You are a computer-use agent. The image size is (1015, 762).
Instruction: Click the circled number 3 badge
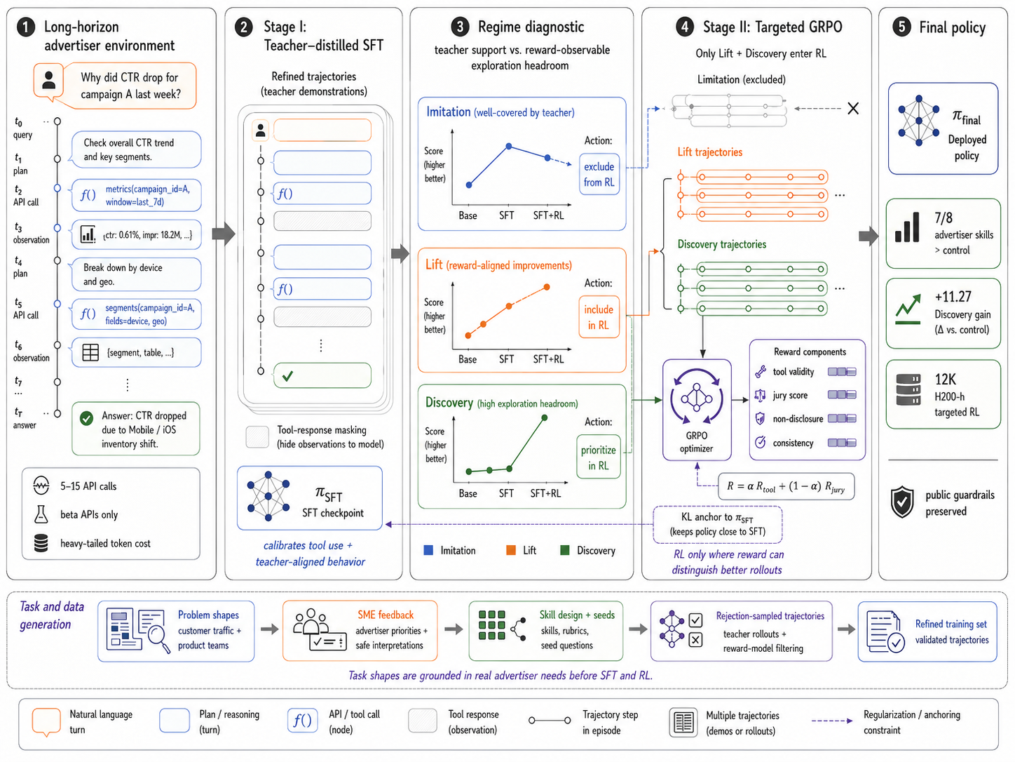tap(460, 27)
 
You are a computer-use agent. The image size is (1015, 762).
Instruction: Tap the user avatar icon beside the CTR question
tap(48, 80)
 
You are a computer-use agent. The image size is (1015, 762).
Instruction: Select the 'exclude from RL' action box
tap(599, 174)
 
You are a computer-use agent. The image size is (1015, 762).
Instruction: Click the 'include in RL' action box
tap(599, 317)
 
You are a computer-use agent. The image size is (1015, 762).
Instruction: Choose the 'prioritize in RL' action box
tap(598, 457)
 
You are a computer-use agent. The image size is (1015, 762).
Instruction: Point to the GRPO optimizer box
tap(696, 410)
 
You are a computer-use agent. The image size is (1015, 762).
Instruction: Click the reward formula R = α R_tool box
tap(786, 486)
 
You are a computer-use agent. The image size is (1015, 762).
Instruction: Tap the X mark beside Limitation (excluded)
tap(852, 108)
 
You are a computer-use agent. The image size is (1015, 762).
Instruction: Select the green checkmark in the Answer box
tap(86, 418)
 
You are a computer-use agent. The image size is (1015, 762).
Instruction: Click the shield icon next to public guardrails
tap(901, 502)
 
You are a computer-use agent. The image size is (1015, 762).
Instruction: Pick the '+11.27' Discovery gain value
tap(953, 297)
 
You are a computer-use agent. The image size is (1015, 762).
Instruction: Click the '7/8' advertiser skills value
tap(944, 218)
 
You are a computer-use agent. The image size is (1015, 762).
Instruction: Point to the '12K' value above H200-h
tap(945, 380)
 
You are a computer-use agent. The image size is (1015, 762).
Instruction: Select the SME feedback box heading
tap(386, 615)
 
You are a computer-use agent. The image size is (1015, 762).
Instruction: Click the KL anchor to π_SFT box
tap(717, 524)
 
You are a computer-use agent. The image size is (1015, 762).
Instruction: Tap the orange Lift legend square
tap(510, 550)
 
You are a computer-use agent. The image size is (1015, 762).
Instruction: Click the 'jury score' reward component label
tap(790, 395)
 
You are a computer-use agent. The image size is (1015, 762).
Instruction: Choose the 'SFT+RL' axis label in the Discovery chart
tap(545, 493)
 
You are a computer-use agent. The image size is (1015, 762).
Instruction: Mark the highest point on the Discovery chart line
tap(544, 417)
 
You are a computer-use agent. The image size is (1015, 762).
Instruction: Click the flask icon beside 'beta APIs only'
tap(41, 514)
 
